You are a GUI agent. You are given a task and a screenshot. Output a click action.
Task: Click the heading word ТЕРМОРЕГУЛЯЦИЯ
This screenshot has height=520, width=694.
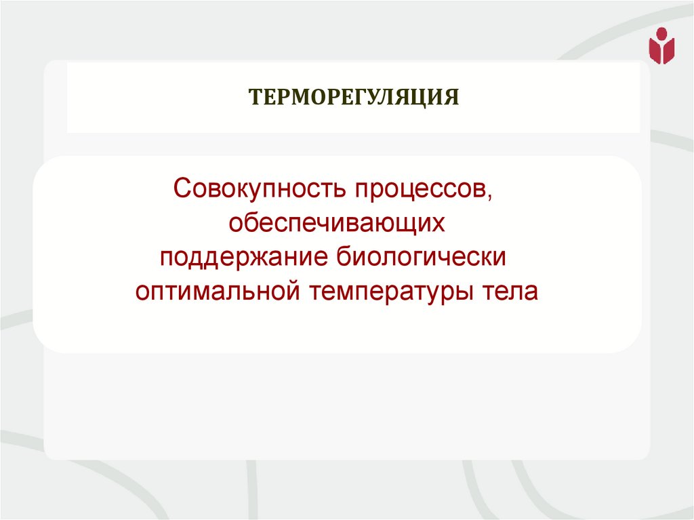coord(353,97)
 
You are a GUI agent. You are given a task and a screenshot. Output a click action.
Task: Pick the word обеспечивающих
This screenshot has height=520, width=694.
coord(337,224)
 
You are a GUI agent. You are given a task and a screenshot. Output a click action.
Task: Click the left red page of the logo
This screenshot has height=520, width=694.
coord(655,51)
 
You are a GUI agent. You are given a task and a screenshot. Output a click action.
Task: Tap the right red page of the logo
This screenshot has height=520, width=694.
coord(668,51)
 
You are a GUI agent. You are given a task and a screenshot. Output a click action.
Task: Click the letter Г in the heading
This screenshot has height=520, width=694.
coord(359,97)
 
